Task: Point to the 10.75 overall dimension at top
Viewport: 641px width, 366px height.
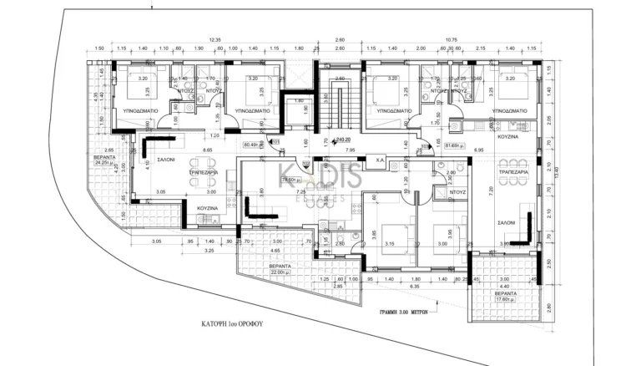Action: (451, 39)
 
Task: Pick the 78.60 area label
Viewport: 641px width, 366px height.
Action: (290, 180)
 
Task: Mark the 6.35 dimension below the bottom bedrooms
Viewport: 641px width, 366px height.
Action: (415, 287)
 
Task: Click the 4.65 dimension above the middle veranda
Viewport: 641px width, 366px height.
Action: (275, 250)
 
